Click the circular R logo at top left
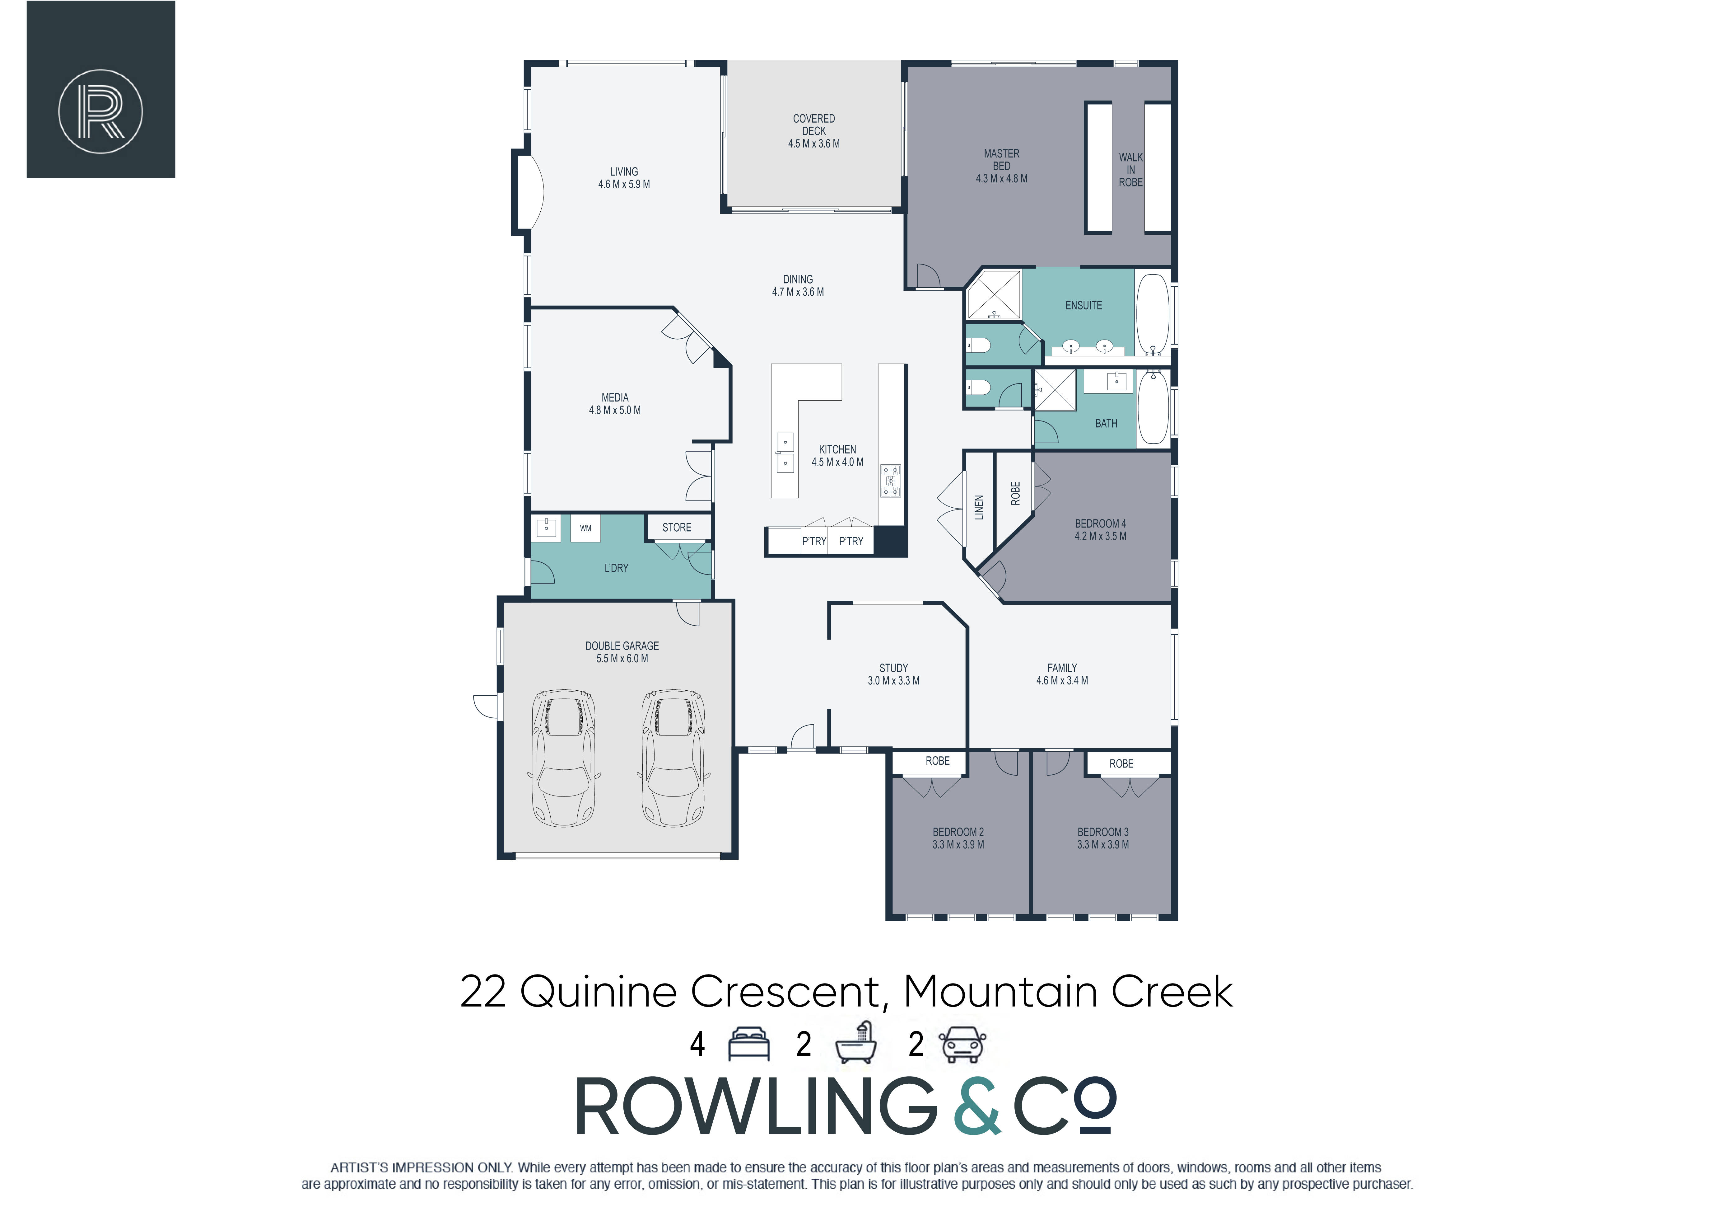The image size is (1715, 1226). tap(100, 112)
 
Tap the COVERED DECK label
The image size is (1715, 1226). tap(813, 124)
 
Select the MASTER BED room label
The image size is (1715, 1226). tap(1001, 159)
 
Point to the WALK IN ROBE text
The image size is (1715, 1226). tap(1130, 170)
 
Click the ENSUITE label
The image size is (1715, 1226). tap(1084, 305)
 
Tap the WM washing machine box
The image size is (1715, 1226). tap(585, 528)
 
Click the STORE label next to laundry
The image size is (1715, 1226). tap(677, 528)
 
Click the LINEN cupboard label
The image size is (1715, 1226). tap(979, 507)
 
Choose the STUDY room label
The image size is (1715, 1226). tap(893, 668)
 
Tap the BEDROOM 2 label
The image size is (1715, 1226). tap(958, 832)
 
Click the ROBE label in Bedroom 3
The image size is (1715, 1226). tap(1121, 764)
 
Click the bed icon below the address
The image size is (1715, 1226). tap(748, 1044)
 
